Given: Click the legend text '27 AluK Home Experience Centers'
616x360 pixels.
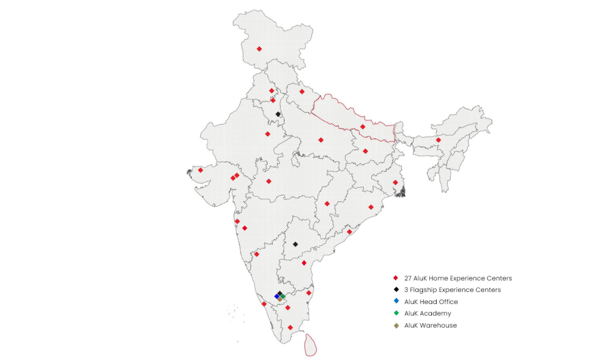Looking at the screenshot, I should click(458, 278).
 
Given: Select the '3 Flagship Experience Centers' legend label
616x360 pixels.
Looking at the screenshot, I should click(452, 290).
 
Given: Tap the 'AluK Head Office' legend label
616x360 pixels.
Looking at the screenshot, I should click(431, 302).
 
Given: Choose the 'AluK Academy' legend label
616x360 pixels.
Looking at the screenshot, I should click(427, 313).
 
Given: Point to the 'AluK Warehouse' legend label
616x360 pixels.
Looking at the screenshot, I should click(430, 325).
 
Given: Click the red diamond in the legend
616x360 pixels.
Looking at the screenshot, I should click(396, 278).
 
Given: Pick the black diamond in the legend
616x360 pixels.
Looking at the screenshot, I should click(396, 289).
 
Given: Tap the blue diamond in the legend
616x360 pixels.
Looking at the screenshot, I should click(396, 301).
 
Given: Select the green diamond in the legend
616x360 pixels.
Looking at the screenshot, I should click(396, 313).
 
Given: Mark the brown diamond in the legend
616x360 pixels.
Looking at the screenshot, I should click(396, 326).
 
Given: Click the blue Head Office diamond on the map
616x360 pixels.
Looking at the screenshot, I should click(277, 297).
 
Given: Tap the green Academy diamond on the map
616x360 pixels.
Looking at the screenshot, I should click(283, 297).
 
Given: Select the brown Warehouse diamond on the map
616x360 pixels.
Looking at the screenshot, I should click(280, 300).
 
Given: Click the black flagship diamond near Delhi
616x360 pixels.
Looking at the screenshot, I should click(278, 114).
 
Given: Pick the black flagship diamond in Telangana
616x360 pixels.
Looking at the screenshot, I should click(295, 244).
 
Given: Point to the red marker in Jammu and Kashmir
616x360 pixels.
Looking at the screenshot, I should click(259, 49).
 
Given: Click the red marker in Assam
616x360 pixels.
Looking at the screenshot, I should click(438, 140).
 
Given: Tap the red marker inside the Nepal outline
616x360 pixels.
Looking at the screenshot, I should click(363, 127).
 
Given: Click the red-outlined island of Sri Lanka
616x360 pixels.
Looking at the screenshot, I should click(311, 345).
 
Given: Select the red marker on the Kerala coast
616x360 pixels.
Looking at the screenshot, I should click(264, 304).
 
